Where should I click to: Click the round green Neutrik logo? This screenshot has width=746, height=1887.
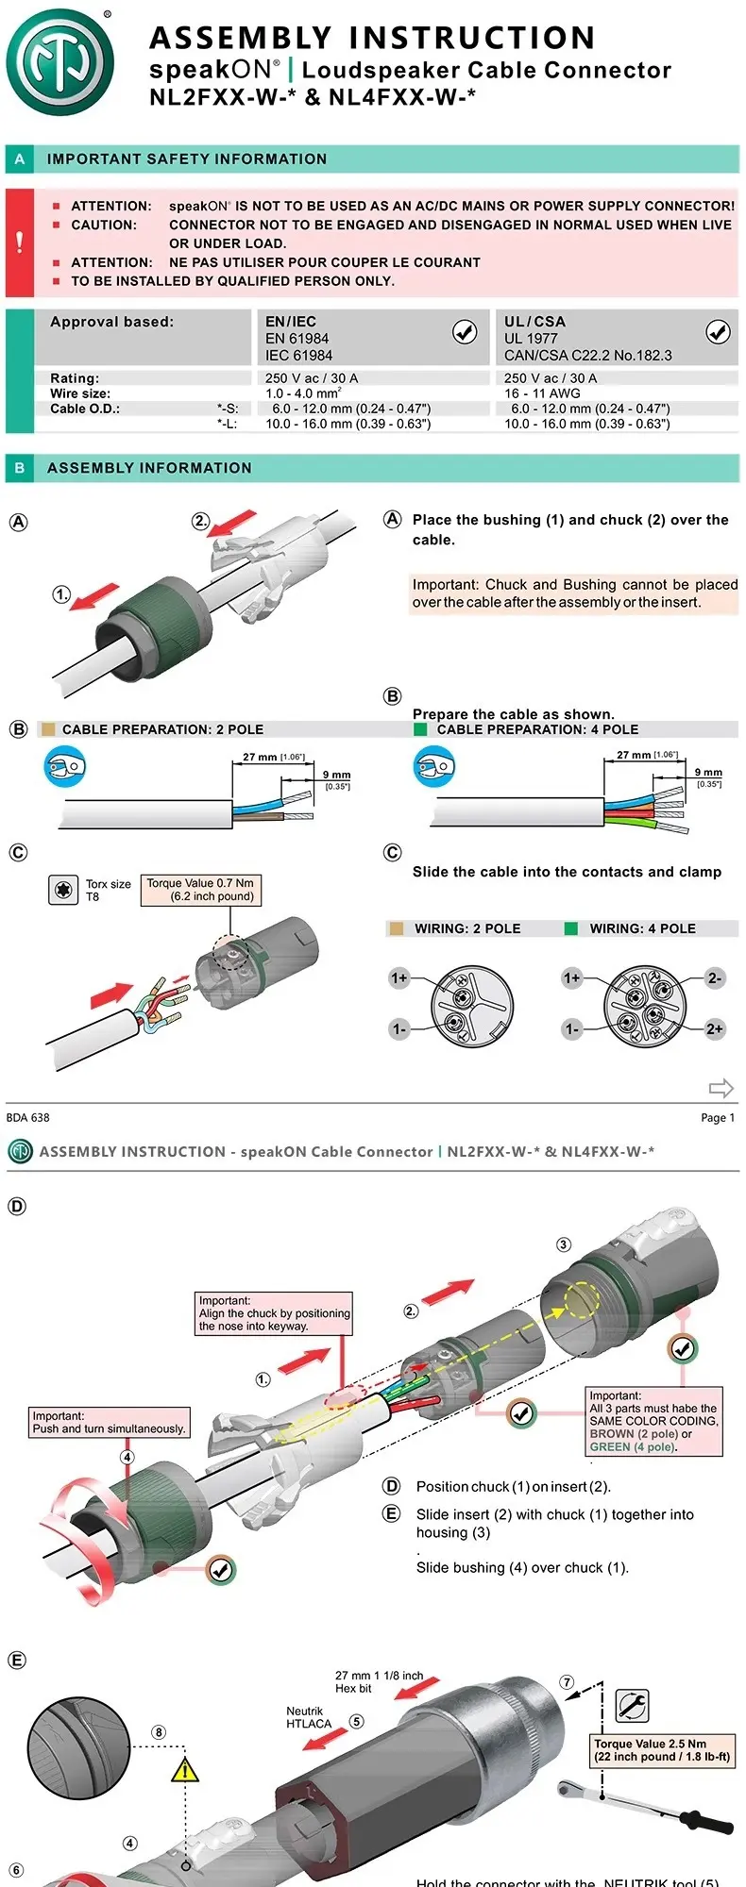pyautogui.click(x=60, y=62)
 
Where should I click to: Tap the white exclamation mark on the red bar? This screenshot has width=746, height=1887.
pyautogui.click(x=20, y=242)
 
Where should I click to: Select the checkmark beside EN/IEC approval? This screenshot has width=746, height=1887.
pyautogui.click(x=465, y=331)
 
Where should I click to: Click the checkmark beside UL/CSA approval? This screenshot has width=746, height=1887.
pyautogui.click(x=718, y=331)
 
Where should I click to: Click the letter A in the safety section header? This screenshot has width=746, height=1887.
pyautogui.click(x=20, y=159)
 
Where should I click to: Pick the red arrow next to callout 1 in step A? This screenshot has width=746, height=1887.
pyautogui.click(x=96, y=596)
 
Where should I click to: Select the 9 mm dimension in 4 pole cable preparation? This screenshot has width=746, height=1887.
pyautogui.click(x=708, y=773)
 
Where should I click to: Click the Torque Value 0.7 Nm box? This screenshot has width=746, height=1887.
pyautogui.click(x=200, y=890)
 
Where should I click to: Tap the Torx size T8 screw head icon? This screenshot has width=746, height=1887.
pyautogui.click(x=63, y=889)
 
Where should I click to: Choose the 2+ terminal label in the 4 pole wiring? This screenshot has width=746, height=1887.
pyautogui.click(x=715, y=1028)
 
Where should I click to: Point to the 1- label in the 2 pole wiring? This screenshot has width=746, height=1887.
pyautogui.click(x=399, y=1028)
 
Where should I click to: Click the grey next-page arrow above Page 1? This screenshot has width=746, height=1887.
pyautogui.click(x=721, y=1088)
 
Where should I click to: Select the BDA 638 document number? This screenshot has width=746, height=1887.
pyautogui.click(x=28, y=1117)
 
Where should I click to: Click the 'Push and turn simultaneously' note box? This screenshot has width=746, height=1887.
pyautogui.click(x=110, y=1422)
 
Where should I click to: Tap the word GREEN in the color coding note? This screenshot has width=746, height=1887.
pyautogui.click(x=610, y=1446)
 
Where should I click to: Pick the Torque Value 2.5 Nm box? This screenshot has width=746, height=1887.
pyautogui.click(x=662, y=1750)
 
